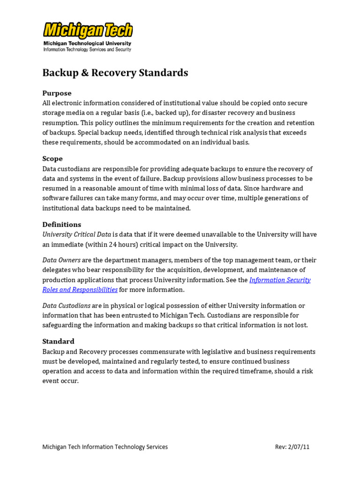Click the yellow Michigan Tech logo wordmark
(88, 30)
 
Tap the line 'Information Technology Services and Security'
(87, 49)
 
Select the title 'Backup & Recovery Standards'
(115, 73)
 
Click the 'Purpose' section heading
(57, 93)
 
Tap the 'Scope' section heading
(52, 158)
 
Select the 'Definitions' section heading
(61, 224)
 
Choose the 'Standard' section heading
(58, 341)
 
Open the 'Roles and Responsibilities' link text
(80, 290)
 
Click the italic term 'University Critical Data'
(77, 234)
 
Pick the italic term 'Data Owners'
(61, 260)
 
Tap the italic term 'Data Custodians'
(66, 306)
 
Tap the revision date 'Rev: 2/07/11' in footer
(292, 447)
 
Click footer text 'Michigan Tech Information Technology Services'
(105, 447)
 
